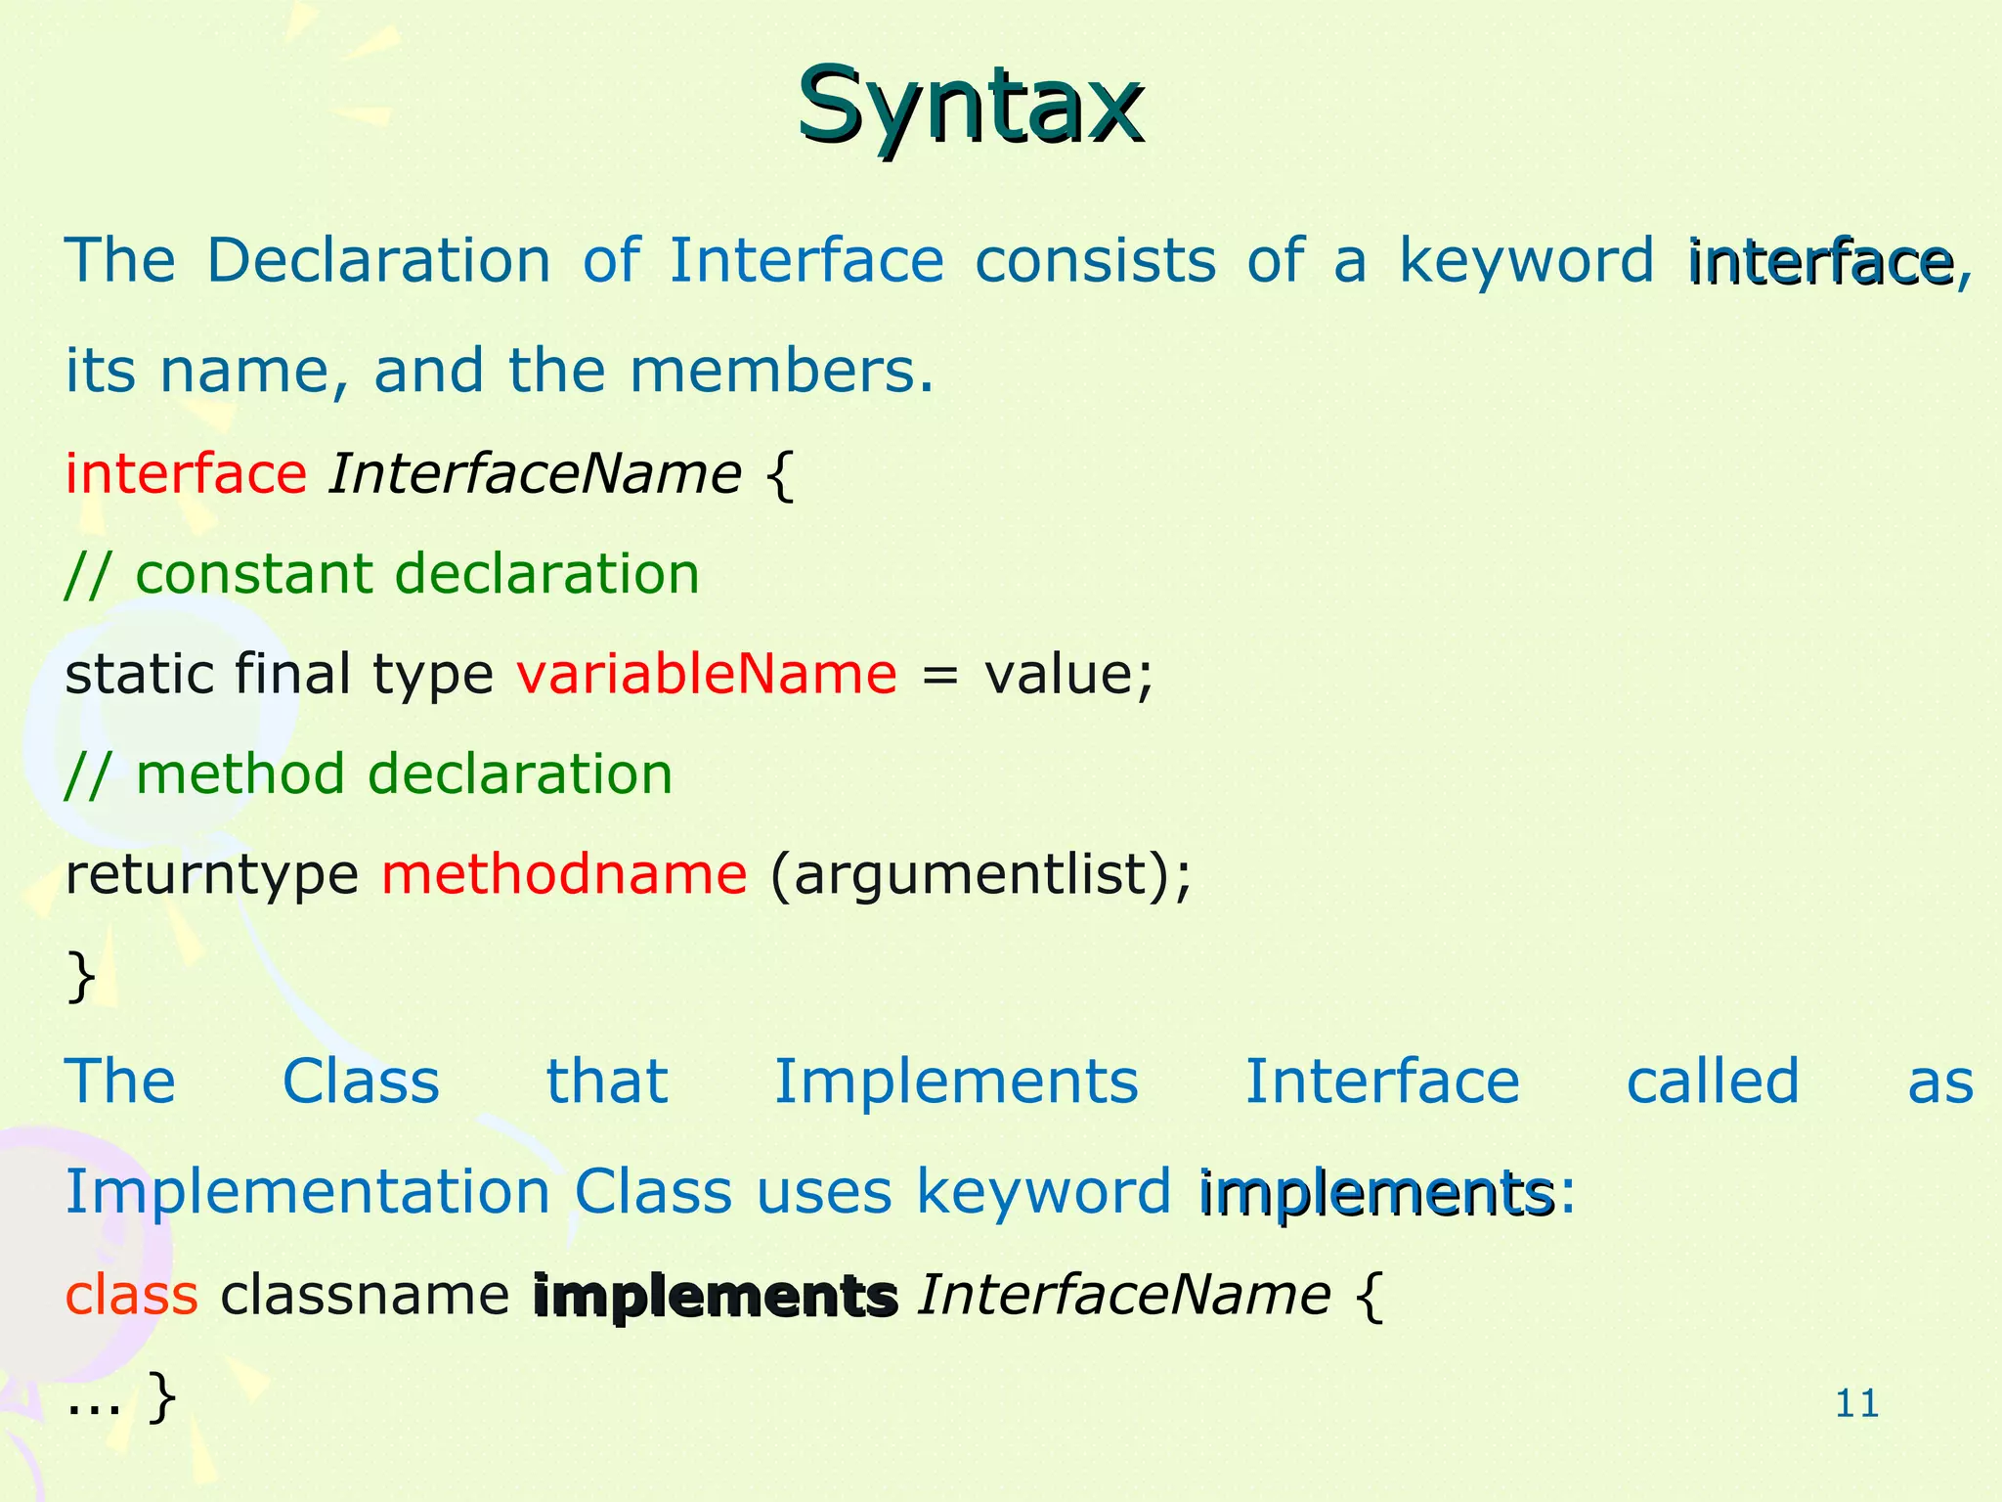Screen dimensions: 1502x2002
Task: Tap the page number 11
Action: click(x=1856, y=1404)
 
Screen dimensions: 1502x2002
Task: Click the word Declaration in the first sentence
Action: click(x=379, y=261)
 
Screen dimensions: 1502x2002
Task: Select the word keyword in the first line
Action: click(x=1525, y=261)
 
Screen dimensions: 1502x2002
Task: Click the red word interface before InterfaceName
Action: click(x=186, y=474)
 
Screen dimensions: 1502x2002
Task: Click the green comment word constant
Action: click(x=253, y=574)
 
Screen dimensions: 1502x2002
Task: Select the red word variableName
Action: click(x=706, y=675)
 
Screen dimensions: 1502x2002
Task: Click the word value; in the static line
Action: click(x=1068, y=675)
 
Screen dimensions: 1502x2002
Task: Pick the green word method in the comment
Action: click(x=239, y=774)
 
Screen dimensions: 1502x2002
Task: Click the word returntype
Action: click(x=211, y=874)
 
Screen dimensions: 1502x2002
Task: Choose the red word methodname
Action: click(x=564, y=874)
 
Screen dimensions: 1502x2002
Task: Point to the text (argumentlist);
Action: click(x=980, y=876)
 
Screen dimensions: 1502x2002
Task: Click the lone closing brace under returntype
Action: click(x=81, y=976)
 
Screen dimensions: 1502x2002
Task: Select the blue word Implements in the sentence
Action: click(x=956, y=1082)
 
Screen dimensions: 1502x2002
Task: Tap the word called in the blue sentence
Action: click(x=1713, y=1082)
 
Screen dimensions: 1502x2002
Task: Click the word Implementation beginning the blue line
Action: click(x=307, y=1193)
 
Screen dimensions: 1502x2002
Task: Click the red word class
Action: click(x=131, y=1296)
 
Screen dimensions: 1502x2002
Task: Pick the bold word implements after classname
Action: click(x=715, y=1298)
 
